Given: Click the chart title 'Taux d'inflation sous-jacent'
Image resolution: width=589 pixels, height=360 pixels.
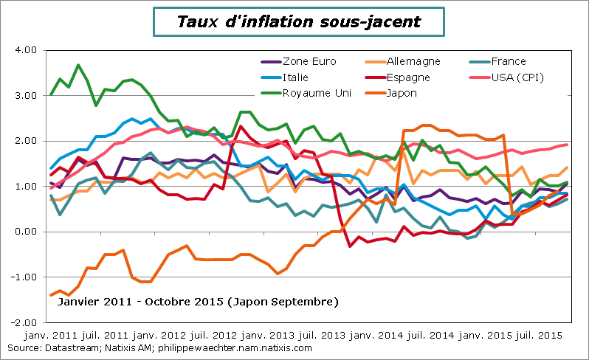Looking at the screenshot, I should click(299, 21).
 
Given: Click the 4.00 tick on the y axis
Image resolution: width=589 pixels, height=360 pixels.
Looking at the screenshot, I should click(26, 50).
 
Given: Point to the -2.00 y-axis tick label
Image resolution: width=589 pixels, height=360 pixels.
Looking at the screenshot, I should click(24, 322).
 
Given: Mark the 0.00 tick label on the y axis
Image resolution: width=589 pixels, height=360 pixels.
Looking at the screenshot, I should click(26, 232).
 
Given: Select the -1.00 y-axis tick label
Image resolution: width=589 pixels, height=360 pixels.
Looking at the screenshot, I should click(24, 277).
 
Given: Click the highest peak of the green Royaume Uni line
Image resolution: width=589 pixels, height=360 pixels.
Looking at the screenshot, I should click(78, 65).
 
